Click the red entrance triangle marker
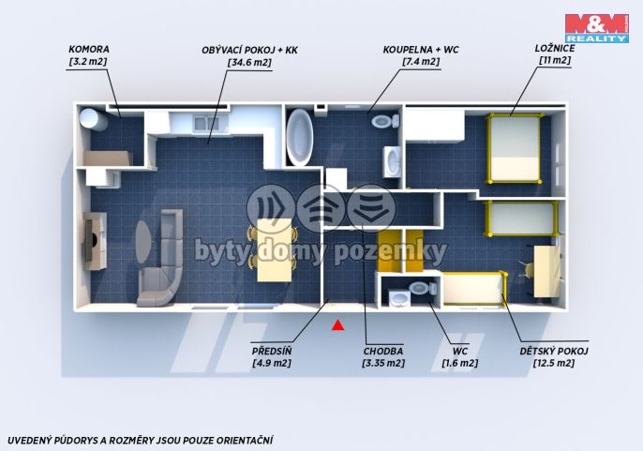(337, 325)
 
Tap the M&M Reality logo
(597, 28)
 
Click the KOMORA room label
(88, 50)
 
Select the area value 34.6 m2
(249, 63)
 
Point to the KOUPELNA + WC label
(421, 50)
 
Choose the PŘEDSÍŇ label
(272, 352)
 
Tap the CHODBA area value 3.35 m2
(383, 363)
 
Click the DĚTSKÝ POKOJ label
(554, 352)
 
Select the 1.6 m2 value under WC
(459, 363)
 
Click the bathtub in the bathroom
(299, 137)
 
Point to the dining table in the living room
(275, 250)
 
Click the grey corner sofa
(162, 263)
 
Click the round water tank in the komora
(93, 119)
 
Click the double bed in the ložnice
(515, 148)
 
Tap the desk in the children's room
(546, 271)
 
